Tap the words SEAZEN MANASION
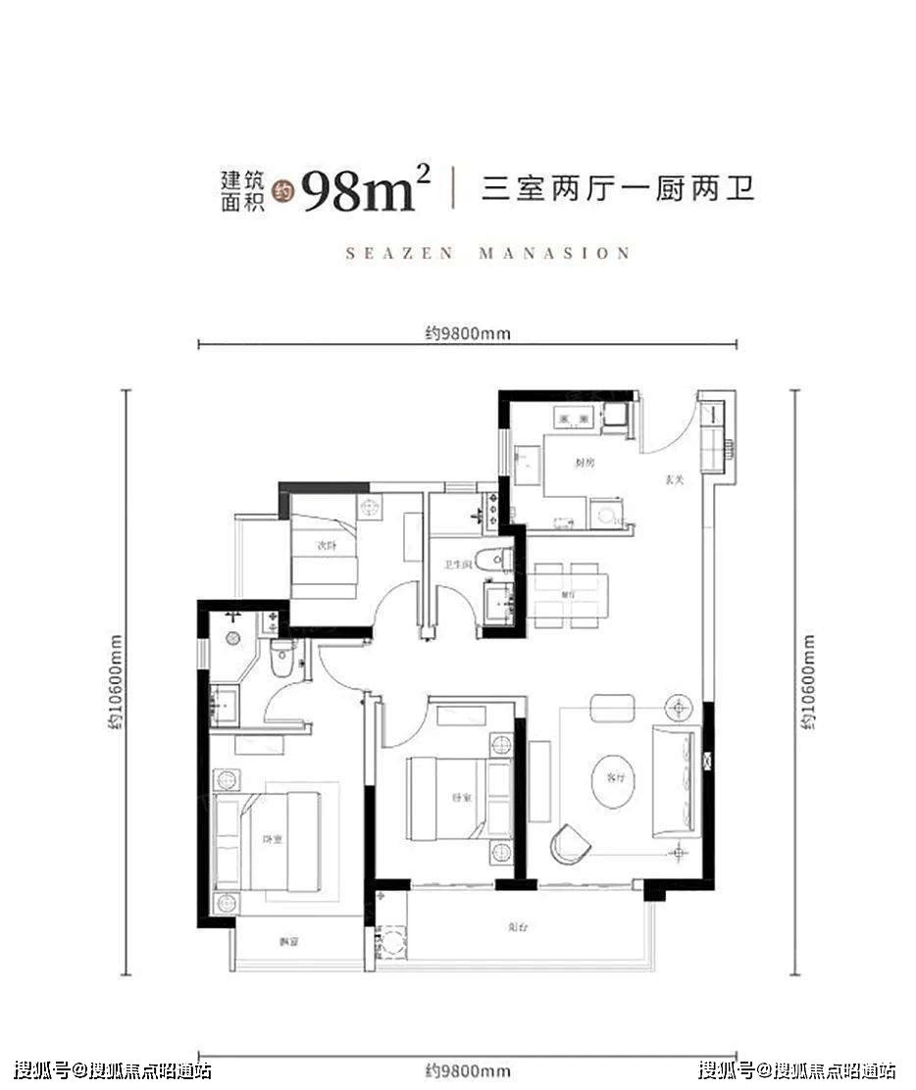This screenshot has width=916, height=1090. [488, 253]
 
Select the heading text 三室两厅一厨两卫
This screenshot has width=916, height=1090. [618, 186]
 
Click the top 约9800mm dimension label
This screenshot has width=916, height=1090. [468, 333]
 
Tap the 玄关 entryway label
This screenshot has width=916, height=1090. [673, 480]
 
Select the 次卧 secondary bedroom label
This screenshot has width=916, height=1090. [327, 546]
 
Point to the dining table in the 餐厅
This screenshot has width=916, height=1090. [571, 595]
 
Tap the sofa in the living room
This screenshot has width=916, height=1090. [674, 778]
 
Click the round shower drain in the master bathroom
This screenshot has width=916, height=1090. [233, 638]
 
